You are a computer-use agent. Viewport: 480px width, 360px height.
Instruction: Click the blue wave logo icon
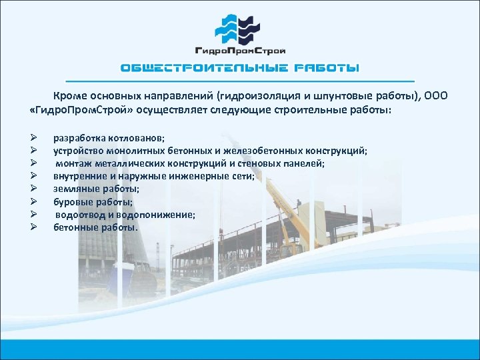coord(239,27)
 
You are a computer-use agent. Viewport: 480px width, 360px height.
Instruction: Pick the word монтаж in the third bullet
coord(74,163)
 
